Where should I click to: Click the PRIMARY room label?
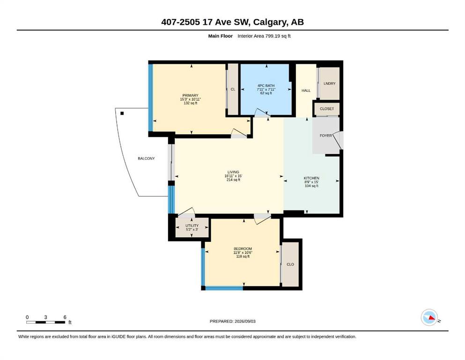(x=191, y=96)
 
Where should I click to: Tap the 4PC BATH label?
(x=266, y=85)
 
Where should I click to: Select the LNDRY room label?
(x=330, y=83)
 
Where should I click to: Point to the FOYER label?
(x=325, y=135)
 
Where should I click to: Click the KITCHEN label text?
(x=311, y=178)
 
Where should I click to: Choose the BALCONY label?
(x=146, y=158)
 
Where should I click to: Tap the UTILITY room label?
(x=192, y=225)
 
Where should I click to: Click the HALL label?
(x=306, y=90)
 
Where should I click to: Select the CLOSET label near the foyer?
(x=327, y=109)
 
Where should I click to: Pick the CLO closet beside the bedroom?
(x=290, y=264)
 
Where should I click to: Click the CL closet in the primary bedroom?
(x=233, y=90)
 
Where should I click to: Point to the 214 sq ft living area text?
(x=233, y=180)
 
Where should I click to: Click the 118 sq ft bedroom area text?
(x=243, y=256)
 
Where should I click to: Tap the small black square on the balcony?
(x=122, y=113)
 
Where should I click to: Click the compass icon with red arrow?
(x=429, y=317)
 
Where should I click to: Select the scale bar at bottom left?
(x=46, y=322)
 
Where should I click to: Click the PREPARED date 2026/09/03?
(x=232, y=321)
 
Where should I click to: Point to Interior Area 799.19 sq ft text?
(x=264, y=36)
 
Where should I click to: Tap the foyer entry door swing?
(x=338, y=140)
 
